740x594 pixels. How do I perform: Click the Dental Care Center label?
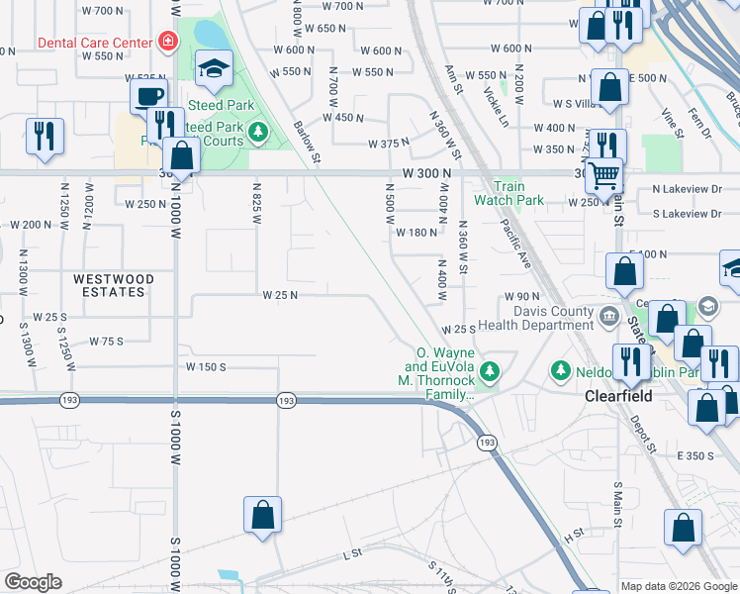(94, 43)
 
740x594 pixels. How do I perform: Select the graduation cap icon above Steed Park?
(213, 71)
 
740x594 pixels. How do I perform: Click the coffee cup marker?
(148, 97)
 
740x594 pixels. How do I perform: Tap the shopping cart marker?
(603, 177)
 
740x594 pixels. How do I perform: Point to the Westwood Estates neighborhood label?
(114, 286)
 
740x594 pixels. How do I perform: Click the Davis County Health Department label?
(536, 319)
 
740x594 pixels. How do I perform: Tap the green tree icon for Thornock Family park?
(489, 373)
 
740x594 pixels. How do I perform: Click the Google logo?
(33, 582)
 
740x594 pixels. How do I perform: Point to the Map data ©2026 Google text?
(680, 586)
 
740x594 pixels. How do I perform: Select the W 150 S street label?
(208, 366)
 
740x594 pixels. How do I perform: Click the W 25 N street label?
(280, 295)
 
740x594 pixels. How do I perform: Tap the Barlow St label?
(307, 143)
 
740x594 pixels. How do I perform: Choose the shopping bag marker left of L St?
(262, 516)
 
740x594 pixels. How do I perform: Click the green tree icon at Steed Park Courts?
(258, 131)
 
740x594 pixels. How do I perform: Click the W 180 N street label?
(416, 233)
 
